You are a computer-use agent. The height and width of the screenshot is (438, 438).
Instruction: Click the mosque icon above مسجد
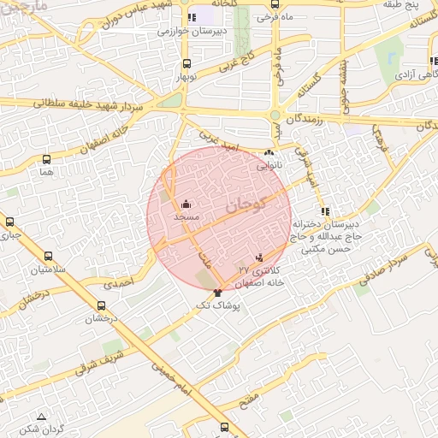point(186,204)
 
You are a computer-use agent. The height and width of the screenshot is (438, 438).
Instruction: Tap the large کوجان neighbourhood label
point(247,204)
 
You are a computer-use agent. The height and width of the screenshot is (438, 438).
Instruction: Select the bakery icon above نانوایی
point(269,155)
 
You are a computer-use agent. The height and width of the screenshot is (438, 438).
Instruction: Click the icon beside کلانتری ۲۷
point(259,256)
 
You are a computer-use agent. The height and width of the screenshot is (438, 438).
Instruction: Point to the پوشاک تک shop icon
point(228,293)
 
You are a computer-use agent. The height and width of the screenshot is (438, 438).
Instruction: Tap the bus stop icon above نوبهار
point(187,63)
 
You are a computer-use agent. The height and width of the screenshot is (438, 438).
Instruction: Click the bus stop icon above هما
point(46,159)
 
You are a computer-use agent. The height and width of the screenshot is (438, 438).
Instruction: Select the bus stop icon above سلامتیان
point(47,256)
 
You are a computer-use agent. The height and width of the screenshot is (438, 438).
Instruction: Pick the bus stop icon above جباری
point(9,222)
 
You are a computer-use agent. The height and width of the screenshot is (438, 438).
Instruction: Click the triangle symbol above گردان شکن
point(41,417)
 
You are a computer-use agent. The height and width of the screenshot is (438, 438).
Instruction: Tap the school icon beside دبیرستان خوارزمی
point(192,17)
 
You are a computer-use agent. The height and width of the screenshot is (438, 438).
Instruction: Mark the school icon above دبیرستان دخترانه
point(323,211)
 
